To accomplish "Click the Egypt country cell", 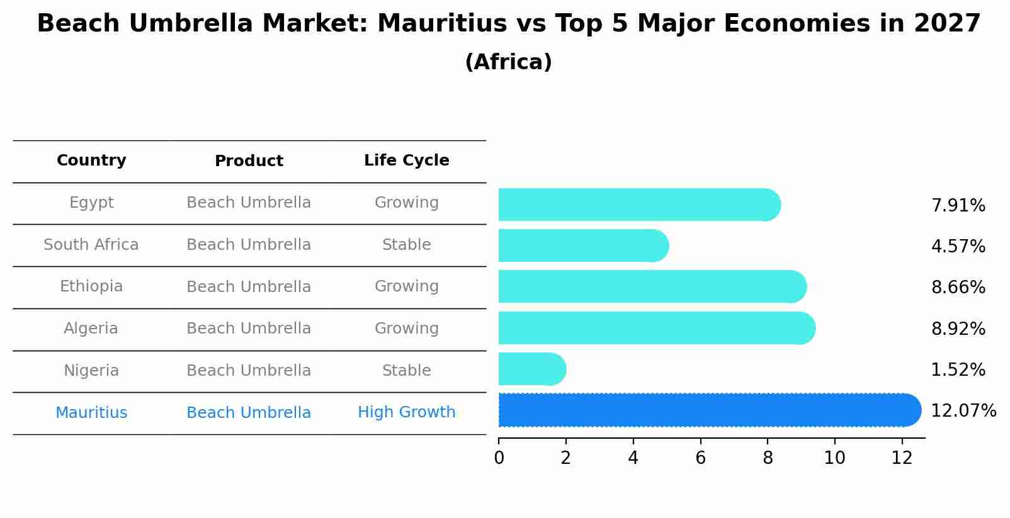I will [91, 203].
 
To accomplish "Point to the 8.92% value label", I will [958, 329].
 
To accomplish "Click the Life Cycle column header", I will [406, 160].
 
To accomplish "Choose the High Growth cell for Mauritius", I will [406, 412].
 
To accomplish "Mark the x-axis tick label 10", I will [834, 458].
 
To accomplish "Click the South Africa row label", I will [91, 245].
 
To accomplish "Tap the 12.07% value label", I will [963, 411].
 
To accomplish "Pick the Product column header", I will [249, 161].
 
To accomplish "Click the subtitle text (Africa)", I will [508, 62].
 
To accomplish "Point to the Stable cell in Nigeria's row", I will [406, 371].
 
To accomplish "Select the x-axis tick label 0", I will [499, 458].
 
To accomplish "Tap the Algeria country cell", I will [91, 329].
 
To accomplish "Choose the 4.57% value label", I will [958, 246].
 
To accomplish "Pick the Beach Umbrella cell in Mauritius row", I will [249, 413].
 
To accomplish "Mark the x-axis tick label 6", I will [700, 458].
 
